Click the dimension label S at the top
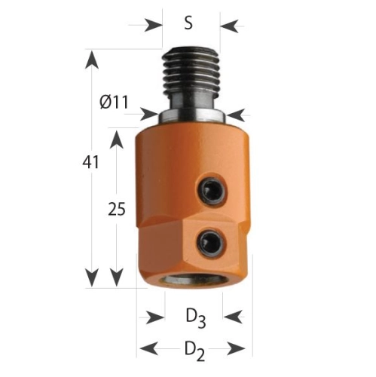(x=188, y=23)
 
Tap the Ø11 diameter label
(x=114, y=103)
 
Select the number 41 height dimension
(x=91, y=162)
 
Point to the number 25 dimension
(x=117, y=209)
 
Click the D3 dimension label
(x=196, y=319)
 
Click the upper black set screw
(x=211, y=191)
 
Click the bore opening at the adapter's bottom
(x=192, y=280)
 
